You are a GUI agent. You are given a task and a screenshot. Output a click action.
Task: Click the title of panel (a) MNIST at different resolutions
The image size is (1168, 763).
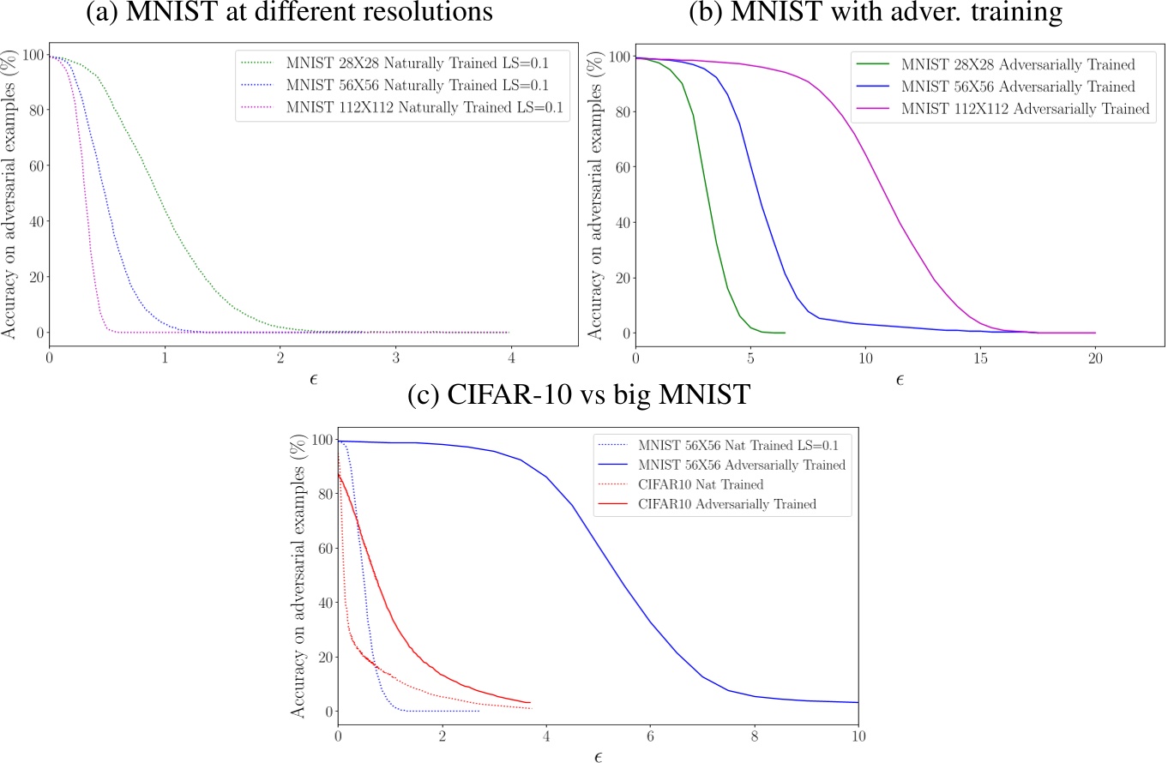290,14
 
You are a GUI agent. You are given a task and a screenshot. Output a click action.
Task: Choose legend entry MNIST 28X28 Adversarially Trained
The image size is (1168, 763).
1005,63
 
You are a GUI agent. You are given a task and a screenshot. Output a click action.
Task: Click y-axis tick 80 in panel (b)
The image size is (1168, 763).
617,111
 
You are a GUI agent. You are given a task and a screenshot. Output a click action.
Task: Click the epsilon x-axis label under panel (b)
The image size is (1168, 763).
899,378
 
